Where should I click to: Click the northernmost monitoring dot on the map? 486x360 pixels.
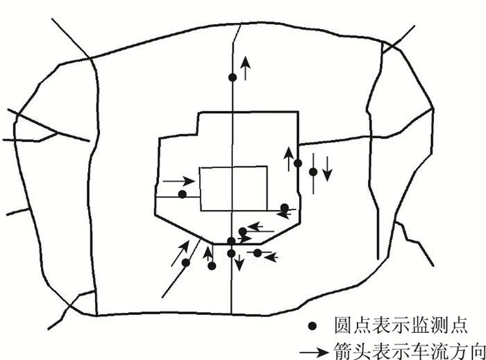[233, 78]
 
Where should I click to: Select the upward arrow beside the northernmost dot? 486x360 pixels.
[245, 68]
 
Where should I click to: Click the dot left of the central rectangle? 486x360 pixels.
[182, 194]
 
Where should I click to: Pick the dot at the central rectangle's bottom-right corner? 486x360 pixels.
[285, 207]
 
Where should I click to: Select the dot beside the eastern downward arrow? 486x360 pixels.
[313, 171]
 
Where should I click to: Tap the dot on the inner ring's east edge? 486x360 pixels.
[298, 163]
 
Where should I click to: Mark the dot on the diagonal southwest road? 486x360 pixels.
[185, 262]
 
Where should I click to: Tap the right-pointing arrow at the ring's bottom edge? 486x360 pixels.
[244, 240]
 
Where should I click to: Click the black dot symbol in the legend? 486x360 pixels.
[313, 325]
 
